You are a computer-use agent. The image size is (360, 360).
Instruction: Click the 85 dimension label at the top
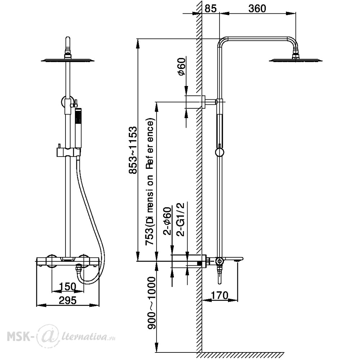click(x=210, y=9)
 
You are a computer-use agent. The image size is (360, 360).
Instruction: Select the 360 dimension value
click(x=257, y=9)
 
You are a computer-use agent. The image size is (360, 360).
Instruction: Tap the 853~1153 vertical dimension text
click(x=133, y=150)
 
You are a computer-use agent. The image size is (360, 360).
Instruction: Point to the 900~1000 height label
click(x=151, y=303)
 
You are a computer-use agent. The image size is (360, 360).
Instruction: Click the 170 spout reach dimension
click(x=219, y=296)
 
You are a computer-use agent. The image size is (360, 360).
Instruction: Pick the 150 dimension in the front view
click(x=68, y=287)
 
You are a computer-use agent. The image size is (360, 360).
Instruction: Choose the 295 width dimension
click(x=68, y=300)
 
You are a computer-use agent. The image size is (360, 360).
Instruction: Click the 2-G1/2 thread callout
click(x=180, y=219)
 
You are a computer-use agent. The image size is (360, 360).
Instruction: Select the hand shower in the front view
click(x=78, y=128)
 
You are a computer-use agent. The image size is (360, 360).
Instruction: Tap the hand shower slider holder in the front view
click(x=69, y=152)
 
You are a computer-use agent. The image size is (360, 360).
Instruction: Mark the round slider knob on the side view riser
click(x=220, y=152)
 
